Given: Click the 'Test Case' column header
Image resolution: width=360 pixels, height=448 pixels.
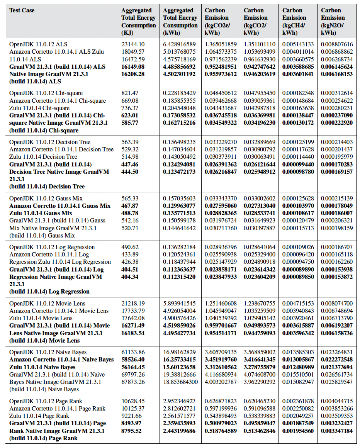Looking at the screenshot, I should [22, 10].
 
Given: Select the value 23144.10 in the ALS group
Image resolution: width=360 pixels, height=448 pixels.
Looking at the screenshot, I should [133, 44].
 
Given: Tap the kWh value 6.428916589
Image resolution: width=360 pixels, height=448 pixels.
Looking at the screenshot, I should [179, 44].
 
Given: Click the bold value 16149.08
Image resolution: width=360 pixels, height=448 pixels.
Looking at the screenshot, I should [133, 67].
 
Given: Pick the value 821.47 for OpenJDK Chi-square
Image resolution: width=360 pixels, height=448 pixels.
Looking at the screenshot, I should [130, 93].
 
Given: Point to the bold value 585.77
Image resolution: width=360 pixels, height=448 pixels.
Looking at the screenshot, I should [130, 123].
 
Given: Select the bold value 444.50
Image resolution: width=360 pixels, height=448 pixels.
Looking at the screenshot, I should [130, 172].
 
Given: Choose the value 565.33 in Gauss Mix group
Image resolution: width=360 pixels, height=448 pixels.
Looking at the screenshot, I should [130, 198].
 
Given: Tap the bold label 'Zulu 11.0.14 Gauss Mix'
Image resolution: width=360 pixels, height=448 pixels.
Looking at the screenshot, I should [41, 213].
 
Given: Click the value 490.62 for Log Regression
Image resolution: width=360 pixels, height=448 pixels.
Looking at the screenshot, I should [130, 247].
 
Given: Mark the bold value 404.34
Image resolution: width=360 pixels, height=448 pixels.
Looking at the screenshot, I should [130, 277].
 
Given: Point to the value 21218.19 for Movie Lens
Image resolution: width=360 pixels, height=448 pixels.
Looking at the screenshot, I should [133, 304].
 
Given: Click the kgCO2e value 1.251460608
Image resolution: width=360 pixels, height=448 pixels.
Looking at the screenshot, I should [221, 304].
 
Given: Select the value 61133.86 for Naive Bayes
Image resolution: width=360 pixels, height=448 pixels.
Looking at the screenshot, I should [133, 352].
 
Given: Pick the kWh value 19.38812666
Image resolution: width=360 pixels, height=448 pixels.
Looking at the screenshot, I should [179, 375].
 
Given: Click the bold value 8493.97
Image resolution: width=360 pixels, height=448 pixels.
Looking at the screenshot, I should [131, 423].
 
